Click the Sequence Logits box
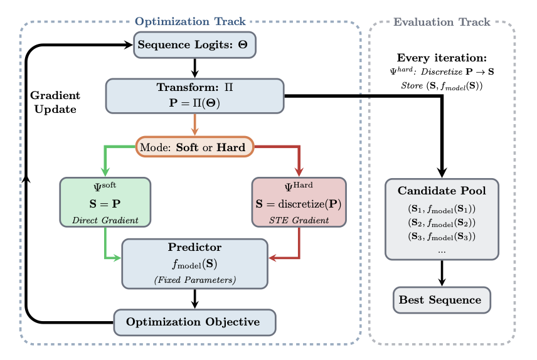point(194,45)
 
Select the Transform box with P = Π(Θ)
point(194,95)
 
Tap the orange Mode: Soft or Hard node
point(194,147)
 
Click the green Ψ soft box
point(105,201)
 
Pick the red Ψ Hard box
point(299,201)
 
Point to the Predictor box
point(194,263)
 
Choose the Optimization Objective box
point(194,322)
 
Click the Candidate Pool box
point(442,219)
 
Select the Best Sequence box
point(442,300)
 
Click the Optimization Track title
point(190,21)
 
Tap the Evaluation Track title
point(442,22)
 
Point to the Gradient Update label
point(55,102)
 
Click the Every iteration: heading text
point(442,58)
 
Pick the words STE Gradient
point(299,220)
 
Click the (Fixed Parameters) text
point(194,279)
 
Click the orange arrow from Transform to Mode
point(194,125)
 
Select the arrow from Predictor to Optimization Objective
point(194,299)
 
